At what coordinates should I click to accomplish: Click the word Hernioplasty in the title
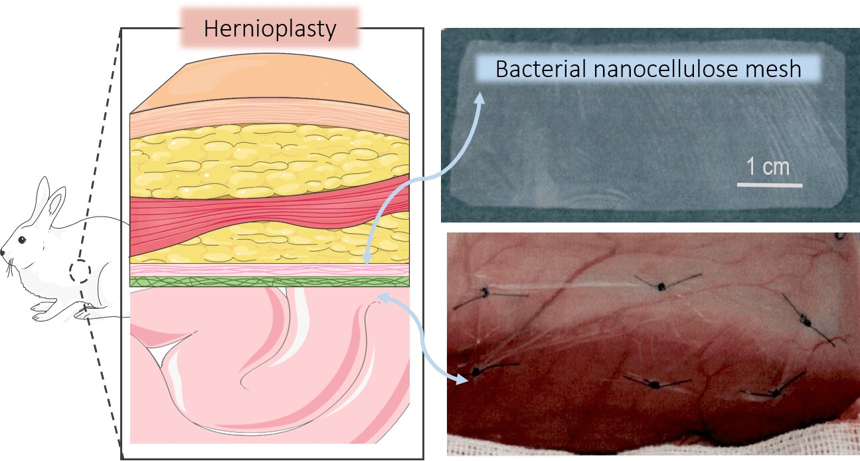coord(270,29)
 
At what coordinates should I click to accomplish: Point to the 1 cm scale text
coord(768,167)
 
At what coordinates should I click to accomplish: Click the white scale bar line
coord(770,185)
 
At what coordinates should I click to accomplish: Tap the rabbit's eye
coord(22,240)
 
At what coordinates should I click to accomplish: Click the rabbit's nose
coord(2,252)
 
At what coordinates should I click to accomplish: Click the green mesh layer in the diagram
coord(270,281)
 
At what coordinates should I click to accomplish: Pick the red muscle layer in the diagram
coord(269,215)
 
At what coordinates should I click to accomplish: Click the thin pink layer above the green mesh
coord(270,270)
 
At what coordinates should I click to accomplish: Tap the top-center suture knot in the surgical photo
coord(661,286)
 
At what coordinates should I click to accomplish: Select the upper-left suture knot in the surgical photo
coord(485,293)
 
